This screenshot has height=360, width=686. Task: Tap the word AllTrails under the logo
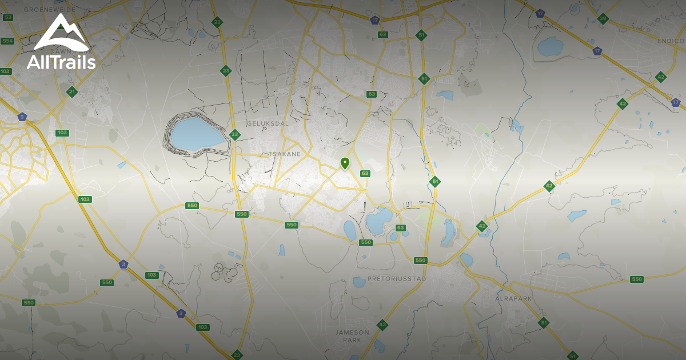(61, 62)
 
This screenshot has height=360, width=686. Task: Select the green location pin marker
(345, 163)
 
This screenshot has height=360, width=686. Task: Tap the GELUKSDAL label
(268, 123)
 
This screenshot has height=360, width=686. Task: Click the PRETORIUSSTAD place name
(397, 279)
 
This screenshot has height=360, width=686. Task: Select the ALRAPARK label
(513, 298)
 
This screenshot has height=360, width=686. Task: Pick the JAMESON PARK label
(352, 336)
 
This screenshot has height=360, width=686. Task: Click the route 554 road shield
(7, 41)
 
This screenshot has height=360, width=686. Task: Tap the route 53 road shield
(7, 18)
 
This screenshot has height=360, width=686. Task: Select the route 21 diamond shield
(71, 91)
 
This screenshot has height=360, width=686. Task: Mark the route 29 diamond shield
(603, 19)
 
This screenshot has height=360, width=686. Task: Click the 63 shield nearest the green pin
(365, 174)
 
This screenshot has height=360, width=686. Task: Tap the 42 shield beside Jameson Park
(382, 325)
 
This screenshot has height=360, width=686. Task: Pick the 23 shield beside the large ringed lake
(234, 135)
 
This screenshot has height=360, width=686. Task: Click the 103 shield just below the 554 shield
(6, 71)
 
